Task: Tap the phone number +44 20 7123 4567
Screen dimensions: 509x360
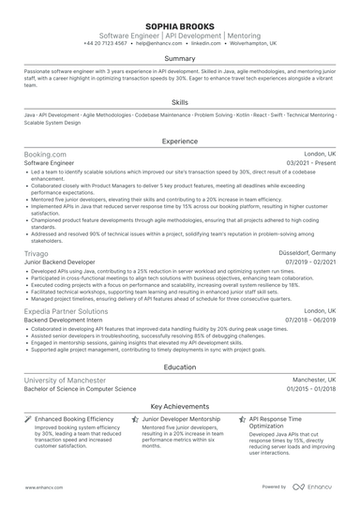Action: tap(107, 43)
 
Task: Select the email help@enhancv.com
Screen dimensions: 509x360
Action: tap(158, 43)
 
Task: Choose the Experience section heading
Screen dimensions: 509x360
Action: tap(180, 142)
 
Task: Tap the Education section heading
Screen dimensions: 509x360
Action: tap(180, 367)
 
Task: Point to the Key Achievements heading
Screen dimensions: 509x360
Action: tap(180, 406)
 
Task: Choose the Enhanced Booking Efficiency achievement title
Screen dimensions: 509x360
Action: tap(74, 418)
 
